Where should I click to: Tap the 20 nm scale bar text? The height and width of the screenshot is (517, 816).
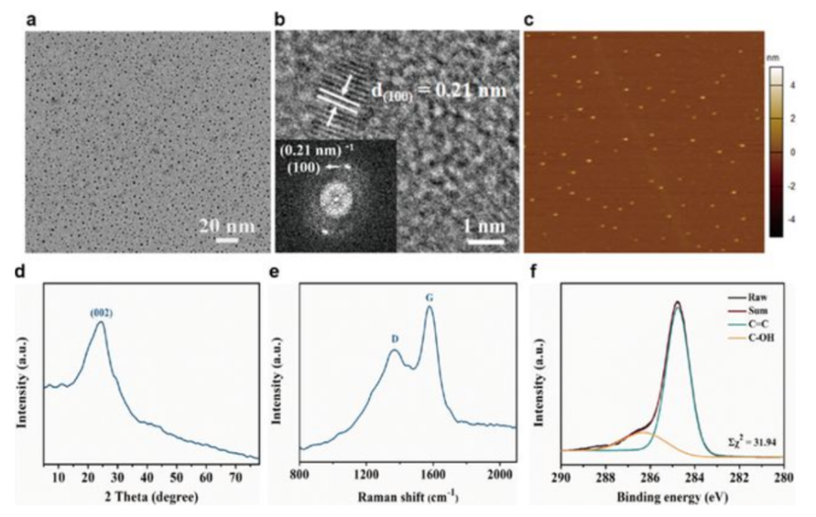[227, 226]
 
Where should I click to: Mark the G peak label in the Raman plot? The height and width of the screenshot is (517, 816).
[429, 297]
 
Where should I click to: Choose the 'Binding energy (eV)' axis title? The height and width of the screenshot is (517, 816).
[672, 497]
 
